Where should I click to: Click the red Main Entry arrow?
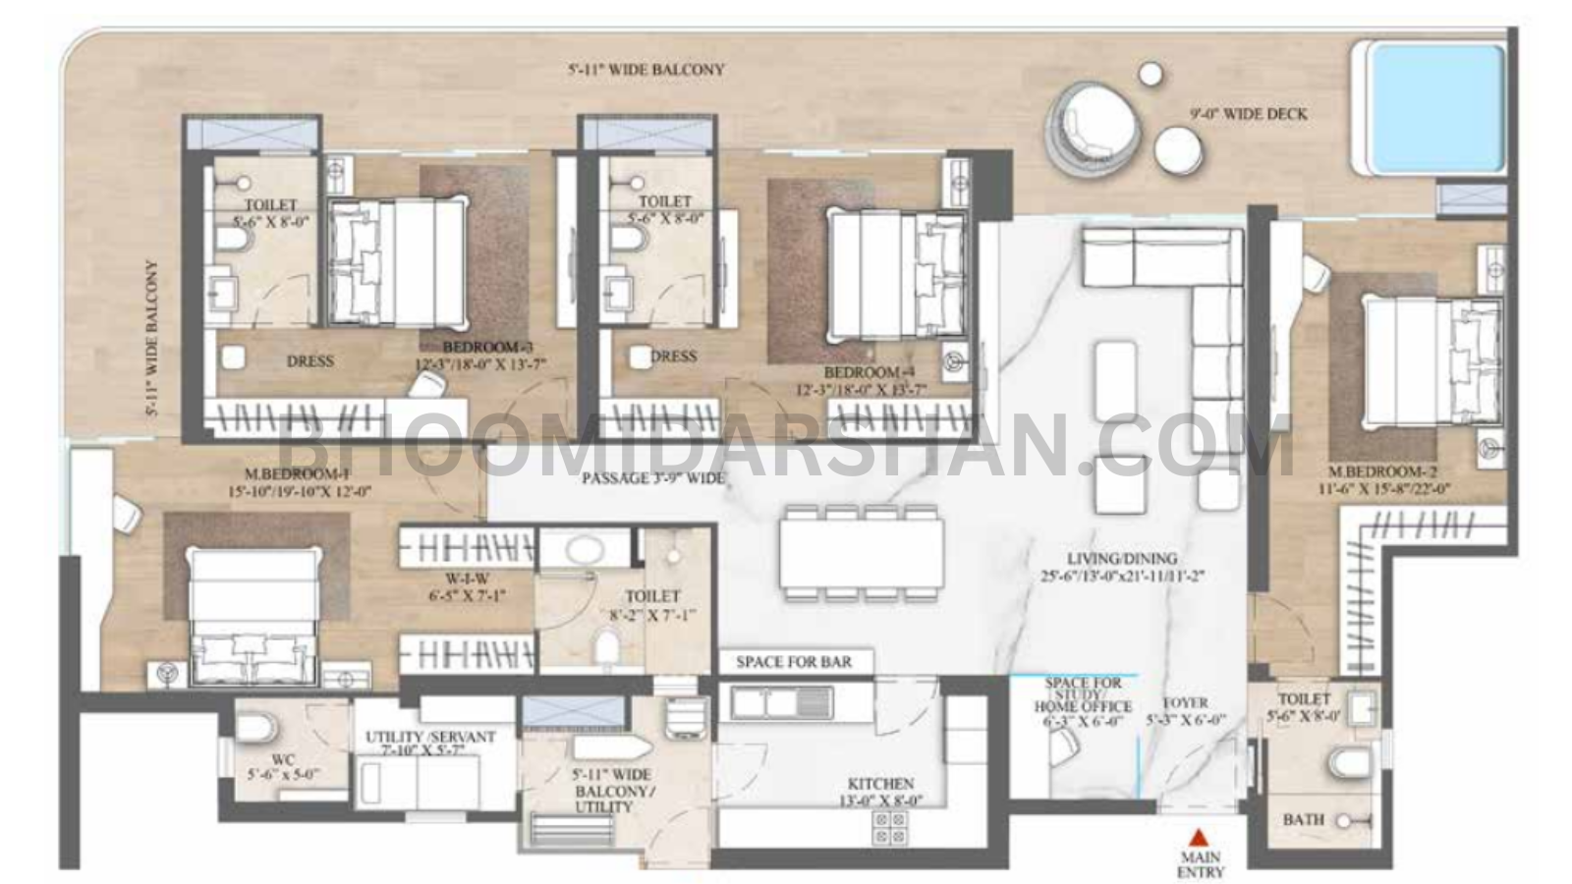click(x=1199, y=838)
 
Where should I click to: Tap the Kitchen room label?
click(x=880, y=784)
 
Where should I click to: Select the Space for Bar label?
click(x=794, y=662)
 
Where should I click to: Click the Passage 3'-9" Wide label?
click(x=652, y=478)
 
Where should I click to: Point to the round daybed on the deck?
click(x=1096, y=125)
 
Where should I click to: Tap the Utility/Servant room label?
click(x=430, y=737)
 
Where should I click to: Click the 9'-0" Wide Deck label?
click(x=1248, y=114)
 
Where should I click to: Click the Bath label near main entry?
click(x=1304, y=819)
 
